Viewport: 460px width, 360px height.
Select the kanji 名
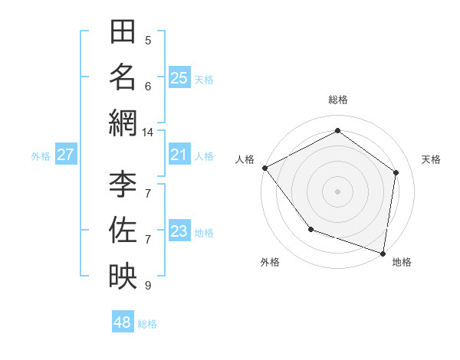coord(123,77)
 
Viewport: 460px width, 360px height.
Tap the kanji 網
coord(123,123)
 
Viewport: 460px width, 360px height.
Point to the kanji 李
coord(123,184)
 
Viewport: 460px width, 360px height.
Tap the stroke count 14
coord(148,133)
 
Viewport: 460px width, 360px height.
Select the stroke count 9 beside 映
coord(148,286)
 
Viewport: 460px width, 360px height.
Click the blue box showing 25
coord(179,78)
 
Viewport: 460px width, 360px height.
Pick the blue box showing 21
coord(179,155)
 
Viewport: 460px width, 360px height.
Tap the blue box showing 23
coord(179,232)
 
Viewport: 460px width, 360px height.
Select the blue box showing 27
coord(65,155)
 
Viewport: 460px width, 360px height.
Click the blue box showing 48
coord(123,322)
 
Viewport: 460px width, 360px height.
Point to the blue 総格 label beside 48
coord(147,324)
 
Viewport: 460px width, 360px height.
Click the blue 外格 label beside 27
coord(41,156)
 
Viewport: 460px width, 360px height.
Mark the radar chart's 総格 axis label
coord(337,100)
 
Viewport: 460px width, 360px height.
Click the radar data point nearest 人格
coord(264,168)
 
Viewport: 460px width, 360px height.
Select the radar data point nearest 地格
coord(383,253)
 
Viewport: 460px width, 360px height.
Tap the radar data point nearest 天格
coord(396,172)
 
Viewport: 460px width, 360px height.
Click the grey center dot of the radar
coord(337,191)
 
